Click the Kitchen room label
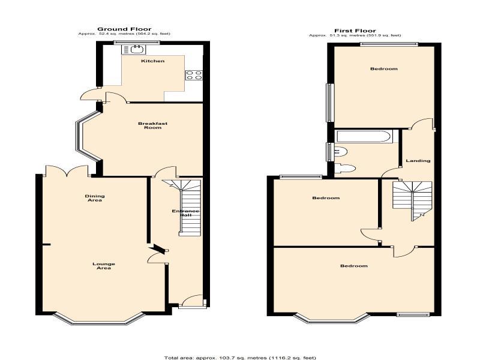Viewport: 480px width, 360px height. [x=153, y=61]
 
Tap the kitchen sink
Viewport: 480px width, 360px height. [x=134, y=49]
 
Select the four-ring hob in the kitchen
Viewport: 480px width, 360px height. [x=194, y=76]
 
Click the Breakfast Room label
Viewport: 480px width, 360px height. [x=153, y=125]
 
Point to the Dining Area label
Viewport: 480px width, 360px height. [x=95, y=198]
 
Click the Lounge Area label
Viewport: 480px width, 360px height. [x=104, y=266]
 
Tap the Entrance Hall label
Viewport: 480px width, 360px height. [x=185, y=213]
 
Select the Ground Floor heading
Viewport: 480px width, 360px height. [x=124, y=29]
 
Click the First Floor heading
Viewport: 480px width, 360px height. [x=355, y=31]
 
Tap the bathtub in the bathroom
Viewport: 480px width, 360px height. [x=364, y=137]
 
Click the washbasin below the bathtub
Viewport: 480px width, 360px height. [x=341, y=151]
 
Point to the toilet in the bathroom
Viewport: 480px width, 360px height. [x=345, y=169]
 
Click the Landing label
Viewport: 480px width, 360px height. [x=418, y=161]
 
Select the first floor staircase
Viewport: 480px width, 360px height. [x=412, y=200]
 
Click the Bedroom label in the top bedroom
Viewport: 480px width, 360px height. [x=384, y=69]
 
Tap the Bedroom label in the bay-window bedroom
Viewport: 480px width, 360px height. [x=354, y=266]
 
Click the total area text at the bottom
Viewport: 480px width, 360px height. [x=240, y=358]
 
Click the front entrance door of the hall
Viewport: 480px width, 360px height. [x=191, y=301]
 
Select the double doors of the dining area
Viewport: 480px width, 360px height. [x=67, y=171]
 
